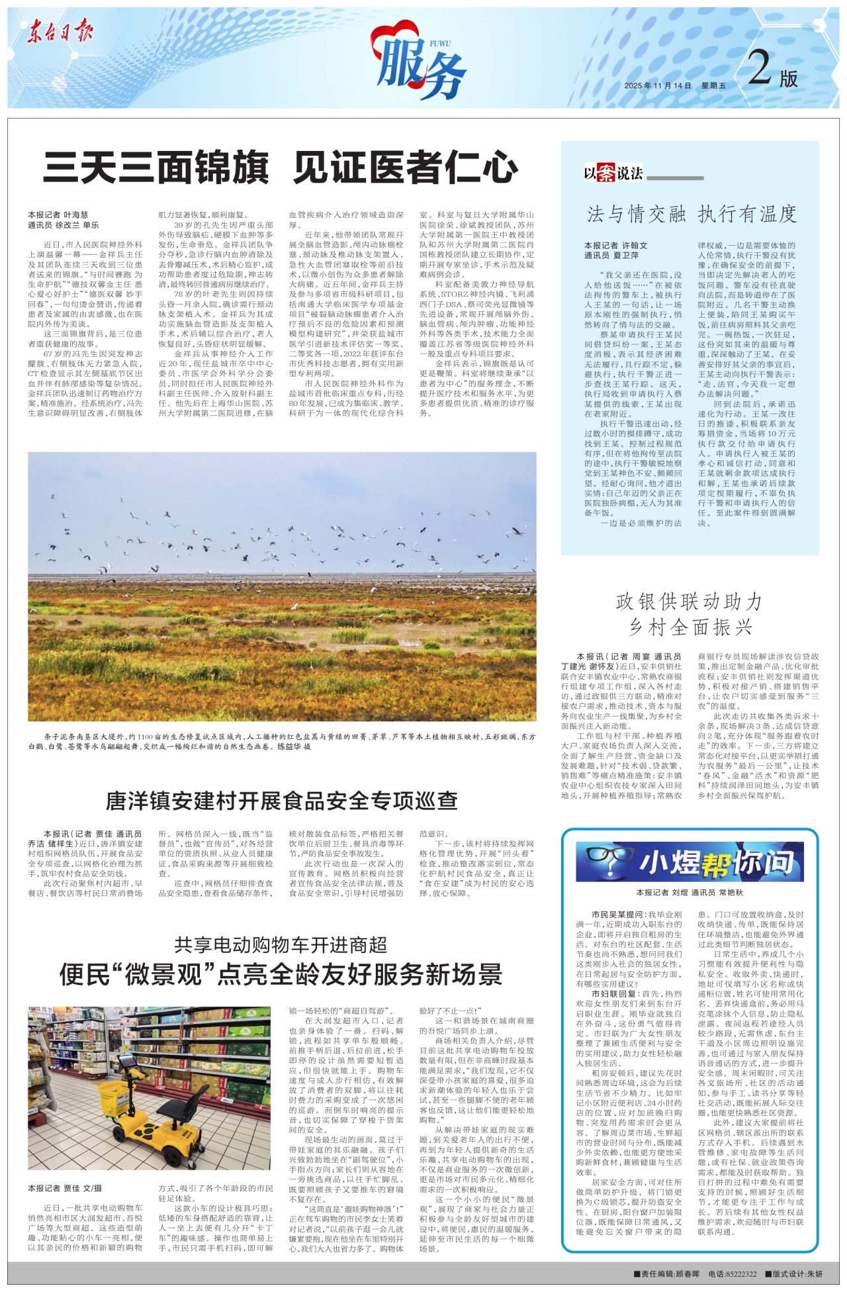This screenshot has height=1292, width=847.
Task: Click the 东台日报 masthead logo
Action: coord(60,31)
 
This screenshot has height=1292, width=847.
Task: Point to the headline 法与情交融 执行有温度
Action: coord(691,214)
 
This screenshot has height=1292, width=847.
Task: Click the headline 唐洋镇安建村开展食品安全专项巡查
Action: coord(281,801)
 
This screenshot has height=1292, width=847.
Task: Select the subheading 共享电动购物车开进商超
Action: coord(281,945)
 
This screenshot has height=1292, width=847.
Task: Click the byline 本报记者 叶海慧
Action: coord(58,215)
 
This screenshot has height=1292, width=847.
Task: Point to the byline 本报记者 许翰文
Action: coord(615,246)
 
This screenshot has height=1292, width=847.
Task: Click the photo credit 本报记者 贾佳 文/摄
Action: coord(65,1188)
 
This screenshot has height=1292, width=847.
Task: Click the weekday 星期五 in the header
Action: coord(713,86)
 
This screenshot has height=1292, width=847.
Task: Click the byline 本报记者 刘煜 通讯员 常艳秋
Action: coord(690,893)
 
